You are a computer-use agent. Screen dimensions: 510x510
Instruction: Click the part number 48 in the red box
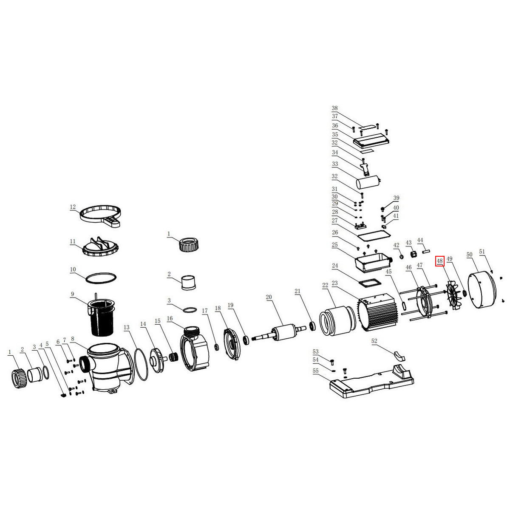coord(439,261)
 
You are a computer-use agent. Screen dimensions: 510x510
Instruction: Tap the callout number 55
coord(315,371)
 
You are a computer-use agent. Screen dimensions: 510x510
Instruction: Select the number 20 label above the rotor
coord(269,297)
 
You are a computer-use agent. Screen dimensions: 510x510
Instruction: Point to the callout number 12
coord(73,207)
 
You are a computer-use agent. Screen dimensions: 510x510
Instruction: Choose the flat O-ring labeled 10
coord(101,278)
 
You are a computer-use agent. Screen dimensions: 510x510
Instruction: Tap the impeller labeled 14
coord(158,360)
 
